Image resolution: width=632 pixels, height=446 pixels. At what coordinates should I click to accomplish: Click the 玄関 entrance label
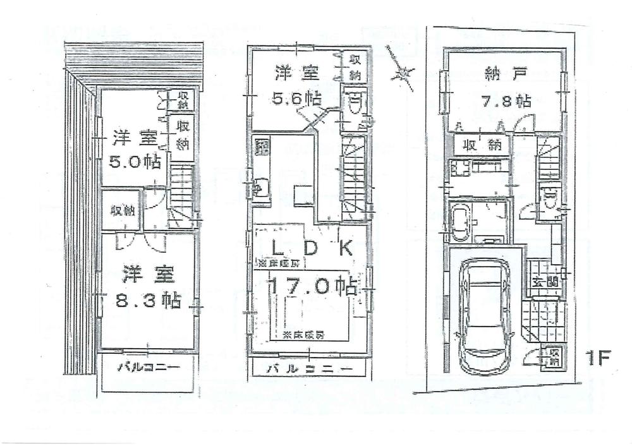coord(544,282)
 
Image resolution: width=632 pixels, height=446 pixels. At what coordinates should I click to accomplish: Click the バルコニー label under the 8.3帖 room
coord(149,367)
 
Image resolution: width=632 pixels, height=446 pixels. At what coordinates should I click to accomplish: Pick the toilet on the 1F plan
coord(550,200)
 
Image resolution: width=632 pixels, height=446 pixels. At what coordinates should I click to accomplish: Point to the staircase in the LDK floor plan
coord(354,177)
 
